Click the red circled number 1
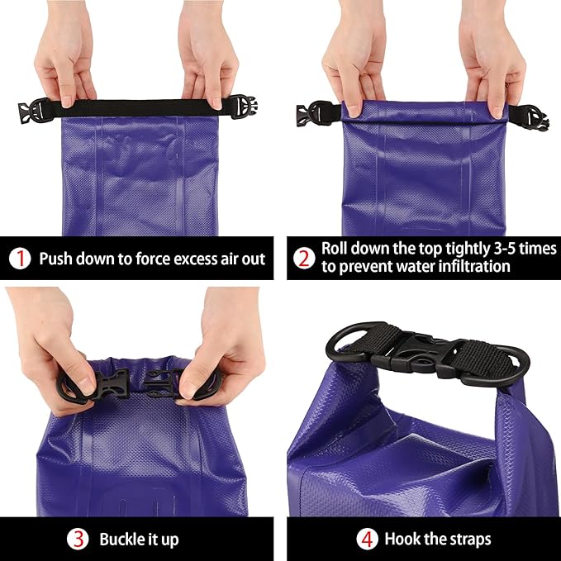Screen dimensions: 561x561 pyautogui.click(x=20, y=259)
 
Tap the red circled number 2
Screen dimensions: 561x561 pyautogui.click(x=304, y=259)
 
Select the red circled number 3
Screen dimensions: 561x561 pyautogui.click(x=78, y=540)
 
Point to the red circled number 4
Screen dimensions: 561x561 pyautogui.click(x=367, y=540)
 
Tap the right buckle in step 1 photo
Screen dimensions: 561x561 pyautogui.click(x=242, y=107)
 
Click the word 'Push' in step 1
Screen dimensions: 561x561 pyautogui.click(x=57, y=259)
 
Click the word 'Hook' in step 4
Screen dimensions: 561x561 pyautogui.click(x=402, y=540)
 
